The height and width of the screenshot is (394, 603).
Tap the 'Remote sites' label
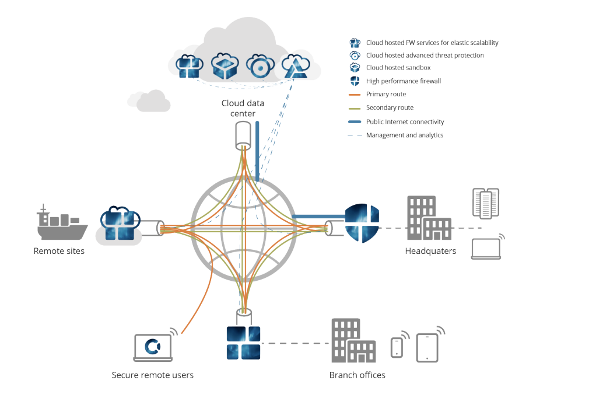(59, 251)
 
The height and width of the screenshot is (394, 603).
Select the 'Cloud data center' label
(243, 108)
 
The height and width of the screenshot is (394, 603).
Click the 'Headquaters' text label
(430, 251)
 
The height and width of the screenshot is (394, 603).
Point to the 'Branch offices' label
(357, 375)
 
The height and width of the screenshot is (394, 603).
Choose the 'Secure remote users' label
(152, 375)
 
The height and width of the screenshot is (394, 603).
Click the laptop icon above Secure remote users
(153, 347)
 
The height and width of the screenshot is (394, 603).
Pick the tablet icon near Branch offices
(427, 347)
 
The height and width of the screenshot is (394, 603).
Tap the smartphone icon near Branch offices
(397, 347)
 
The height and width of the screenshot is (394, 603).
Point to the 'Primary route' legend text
(385, 94)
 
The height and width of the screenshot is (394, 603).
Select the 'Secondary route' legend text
(390, 107)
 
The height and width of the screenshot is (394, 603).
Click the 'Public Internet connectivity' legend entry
(405, 121)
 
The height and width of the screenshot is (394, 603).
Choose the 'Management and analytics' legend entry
(404, 135)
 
